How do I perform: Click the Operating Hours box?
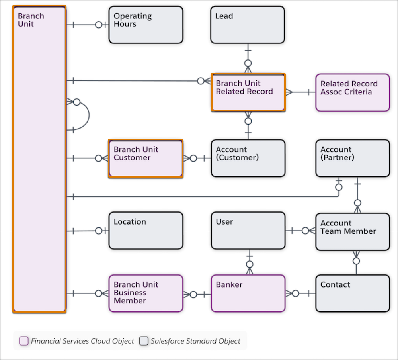pyautogui.click(x=146, y=25)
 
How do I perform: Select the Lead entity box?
pyautogui.click(x=248, y=25)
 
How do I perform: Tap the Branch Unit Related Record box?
pyautogui.click(x=248, y=92)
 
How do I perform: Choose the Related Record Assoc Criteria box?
pyautogui.click(x=352, y=92)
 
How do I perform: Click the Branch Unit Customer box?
pyautogui.click(x=146, y=158)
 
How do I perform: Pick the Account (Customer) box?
pyautogui.click(x=248, y=158)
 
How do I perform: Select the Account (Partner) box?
pyautogui.click(x=352, y=158)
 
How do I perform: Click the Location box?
pyautogui.click(x=146, y=231)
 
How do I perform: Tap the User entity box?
pyautogui.click(x=248, y=231)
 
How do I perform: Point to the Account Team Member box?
pyautogui.click(x=352, y=232)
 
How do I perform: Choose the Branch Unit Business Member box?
pyautogui.click(x=146, y=293)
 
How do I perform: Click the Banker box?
pyautogui.click(x=248, y=293)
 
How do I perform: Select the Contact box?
pyautogui.click(x=352, y=293)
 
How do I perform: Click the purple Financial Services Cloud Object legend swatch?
pyautogui.click(x=24, y=341)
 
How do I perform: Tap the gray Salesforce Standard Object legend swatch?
pyautogui.click(x=144, y=341)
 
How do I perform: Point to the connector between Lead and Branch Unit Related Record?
pyautogui.click(x=248, y=58)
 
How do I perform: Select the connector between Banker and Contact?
pyautogui.click(x=300, y=293)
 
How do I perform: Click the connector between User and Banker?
pyautogui.click(x=250, y=263)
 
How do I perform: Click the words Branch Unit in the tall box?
pyautogui.click(x=31, y=20)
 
